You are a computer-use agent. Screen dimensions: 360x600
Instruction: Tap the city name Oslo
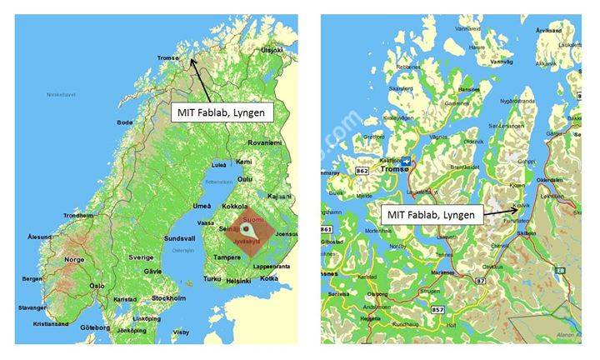tap(98, 285)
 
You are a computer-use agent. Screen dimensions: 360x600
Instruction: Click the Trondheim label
tap(77, 215)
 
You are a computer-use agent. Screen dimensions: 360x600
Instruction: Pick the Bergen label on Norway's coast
tap(32, 278)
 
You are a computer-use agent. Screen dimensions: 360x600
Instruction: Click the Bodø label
tap(125, 122)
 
